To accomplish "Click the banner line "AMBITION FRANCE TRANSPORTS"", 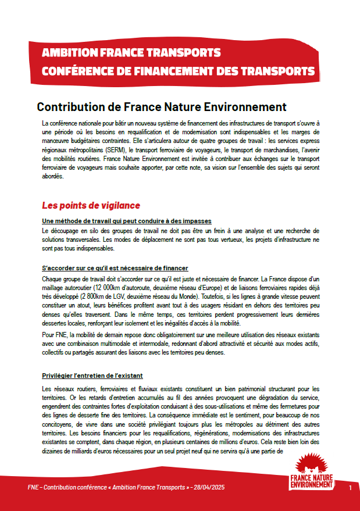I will pos(131,53).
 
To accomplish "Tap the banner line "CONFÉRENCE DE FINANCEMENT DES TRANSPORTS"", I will pos(179,71).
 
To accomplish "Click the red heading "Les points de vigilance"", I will pos(91,206).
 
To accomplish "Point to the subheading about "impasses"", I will pos(127,221).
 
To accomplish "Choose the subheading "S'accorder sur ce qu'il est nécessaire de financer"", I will pos(115,268).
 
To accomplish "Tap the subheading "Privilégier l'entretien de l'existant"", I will pos(92,376).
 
